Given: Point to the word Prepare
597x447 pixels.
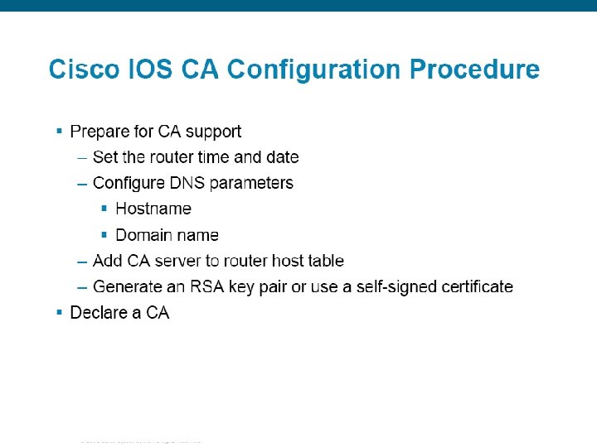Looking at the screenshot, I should (x=100, y=132).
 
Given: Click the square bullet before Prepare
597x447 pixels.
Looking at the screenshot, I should (x=59, y=131).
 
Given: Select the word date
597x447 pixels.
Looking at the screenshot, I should (x=282, y=157).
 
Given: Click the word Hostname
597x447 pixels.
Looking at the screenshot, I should (x=153, y=209).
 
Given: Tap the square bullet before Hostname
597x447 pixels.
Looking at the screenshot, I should (x=104, y=208).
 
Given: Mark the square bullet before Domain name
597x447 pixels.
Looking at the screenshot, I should (x=104, y=234).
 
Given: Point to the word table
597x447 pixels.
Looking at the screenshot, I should (x=323, y=261).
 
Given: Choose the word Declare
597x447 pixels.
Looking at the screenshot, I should (x=99, y=313).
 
